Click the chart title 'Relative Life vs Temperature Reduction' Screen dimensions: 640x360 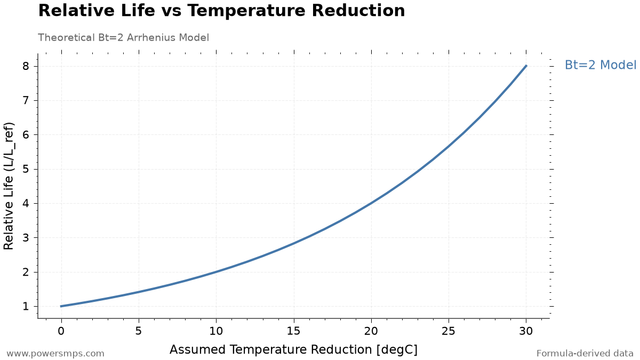click(221, 11)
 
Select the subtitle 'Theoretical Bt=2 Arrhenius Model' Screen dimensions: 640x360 click(123, 37)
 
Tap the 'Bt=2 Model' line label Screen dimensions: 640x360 click(601, 65)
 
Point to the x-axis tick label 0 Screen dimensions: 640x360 click(61, 331)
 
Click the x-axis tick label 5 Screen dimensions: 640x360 click(139, 331)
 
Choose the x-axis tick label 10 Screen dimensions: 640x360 click(216, 331)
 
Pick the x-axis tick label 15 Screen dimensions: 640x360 click(294, 331)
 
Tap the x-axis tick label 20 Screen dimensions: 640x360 click(371, 331)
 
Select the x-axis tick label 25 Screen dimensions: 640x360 click(449, 331)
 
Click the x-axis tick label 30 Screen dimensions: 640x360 click(526, 331)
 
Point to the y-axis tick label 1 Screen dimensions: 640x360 click(26, 306)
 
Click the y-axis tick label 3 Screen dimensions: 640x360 click(26, 237)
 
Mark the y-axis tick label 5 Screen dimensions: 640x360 click(26, 169)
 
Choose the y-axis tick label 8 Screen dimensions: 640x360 click(26, 66)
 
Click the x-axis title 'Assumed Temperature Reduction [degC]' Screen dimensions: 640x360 click(294, 350)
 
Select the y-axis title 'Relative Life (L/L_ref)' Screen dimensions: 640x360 click(9, 186)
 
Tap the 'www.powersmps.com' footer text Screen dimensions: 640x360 click(55, 354)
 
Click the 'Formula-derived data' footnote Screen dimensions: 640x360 click(585, 354)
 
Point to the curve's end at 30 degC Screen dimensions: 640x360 click(526, 66)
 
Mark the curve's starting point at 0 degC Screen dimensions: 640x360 click(61, 306)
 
